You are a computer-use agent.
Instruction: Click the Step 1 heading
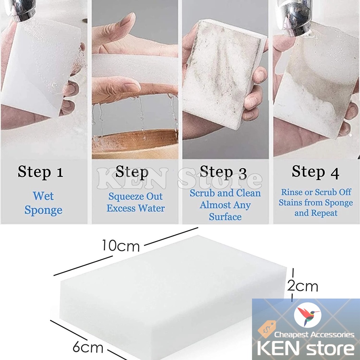(x=40, y=172)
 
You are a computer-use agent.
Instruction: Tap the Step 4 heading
(x=315, y=172)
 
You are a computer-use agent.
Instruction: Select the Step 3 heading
(x=224, y=172)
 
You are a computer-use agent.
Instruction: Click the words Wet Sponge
(x=43, y=203)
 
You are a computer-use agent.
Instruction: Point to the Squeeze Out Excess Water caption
(x=136, y=202)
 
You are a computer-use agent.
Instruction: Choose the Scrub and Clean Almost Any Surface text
(x=225, y=205)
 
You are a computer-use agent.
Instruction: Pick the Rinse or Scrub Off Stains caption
(x=316, y=203)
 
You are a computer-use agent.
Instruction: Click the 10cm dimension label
(x=121, y=245)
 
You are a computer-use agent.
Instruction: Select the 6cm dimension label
(x=88, y=348)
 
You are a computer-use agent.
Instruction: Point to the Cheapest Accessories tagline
(x=314, y=335)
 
